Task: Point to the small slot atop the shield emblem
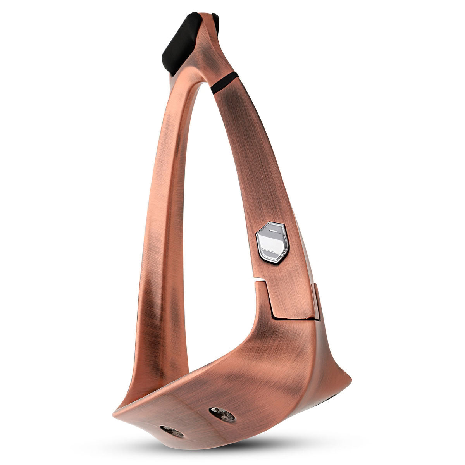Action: pos(273,230)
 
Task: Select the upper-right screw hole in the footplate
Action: pos(222,414)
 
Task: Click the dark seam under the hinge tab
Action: pos(294,319)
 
